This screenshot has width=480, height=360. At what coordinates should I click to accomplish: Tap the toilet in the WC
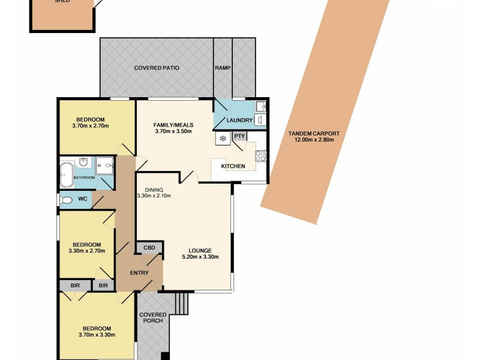[66, 200]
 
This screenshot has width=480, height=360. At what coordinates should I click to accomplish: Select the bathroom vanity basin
[84, 162]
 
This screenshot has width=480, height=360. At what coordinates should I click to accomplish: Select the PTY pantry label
[239, 136]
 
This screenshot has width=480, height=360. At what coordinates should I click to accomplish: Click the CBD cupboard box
[148, 248]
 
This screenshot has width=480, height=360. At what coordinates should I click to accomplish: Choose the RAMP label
[223, 68]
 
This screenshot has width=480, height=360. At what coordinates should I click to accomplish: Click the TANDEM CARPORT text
[314, 133]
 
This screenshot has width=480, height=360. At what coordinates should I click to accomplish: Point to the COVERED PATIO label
[157, 68]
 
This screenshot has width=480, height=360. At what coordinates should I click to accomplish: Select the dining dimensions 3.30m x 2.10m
[154, 196]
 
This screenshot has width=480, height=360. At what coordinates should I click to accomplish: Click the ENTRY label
[139, 273]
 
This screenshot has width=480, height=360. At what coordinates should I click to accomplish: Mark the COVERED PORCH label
[151, 317]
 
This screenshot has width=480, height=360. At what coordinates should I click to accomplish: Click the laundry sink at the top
[261, 107]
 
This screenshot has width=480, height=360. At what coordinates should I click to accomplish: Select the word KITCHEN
[233, 166]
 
